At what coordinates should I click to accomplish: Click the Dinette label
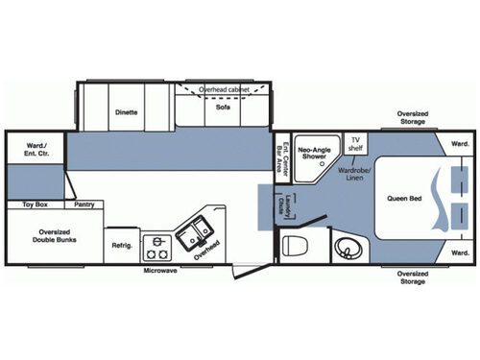coord(127,112)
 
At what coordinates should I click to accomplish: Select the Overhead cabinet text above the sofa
coord(224,89)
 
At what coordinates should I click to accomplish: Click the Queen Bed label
coord(405,199)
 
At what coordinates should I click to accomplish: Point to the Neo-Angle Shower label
coord(316,154)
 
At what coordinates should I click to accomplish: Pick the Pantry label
coord(84,204)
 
